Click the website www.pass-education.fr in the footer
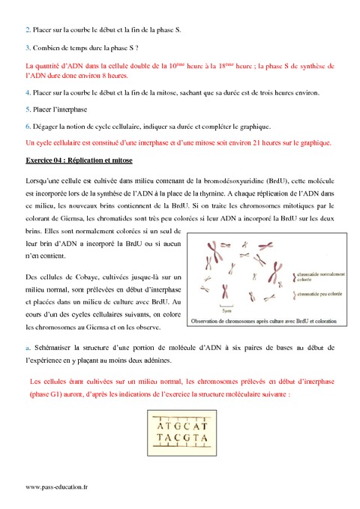click(x=56, y=487)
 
